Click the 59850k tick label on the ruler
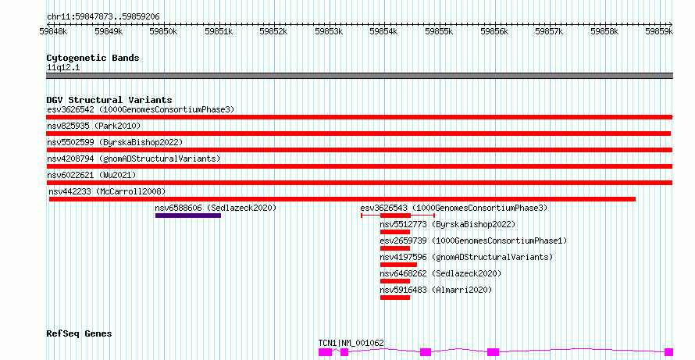point(163,31)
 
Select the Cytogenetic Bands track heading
point(93,58)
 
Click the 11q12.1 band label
point(63,67)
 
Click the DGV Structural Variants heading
point(109,100)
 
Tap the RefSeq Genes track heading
point(79,333)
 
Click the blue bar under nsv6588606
point(187,216)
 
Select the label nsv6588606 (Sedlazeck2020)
point(216,208)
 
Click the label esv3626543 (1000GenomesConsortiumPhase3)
point(454,208)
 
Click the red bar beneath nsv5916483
point(395,298)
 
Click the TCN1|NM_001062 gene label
point(351,343)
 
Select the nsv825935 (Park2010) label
point(93,126)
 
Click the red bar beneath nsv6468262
point(395,281)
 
